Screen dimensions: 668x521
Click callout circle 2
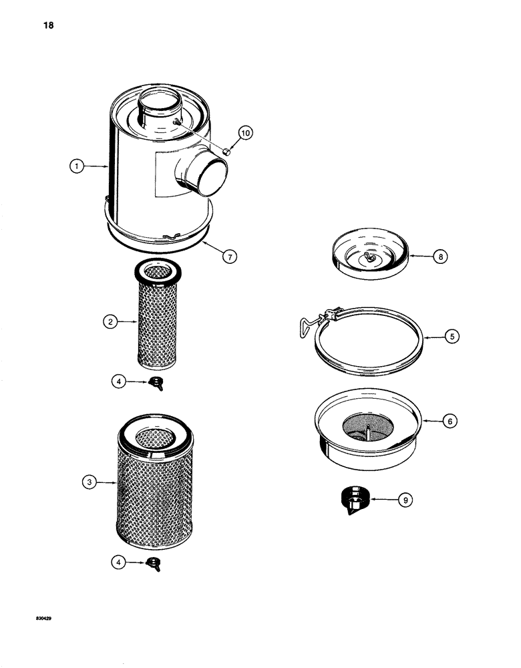click(x=112, y=322)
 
